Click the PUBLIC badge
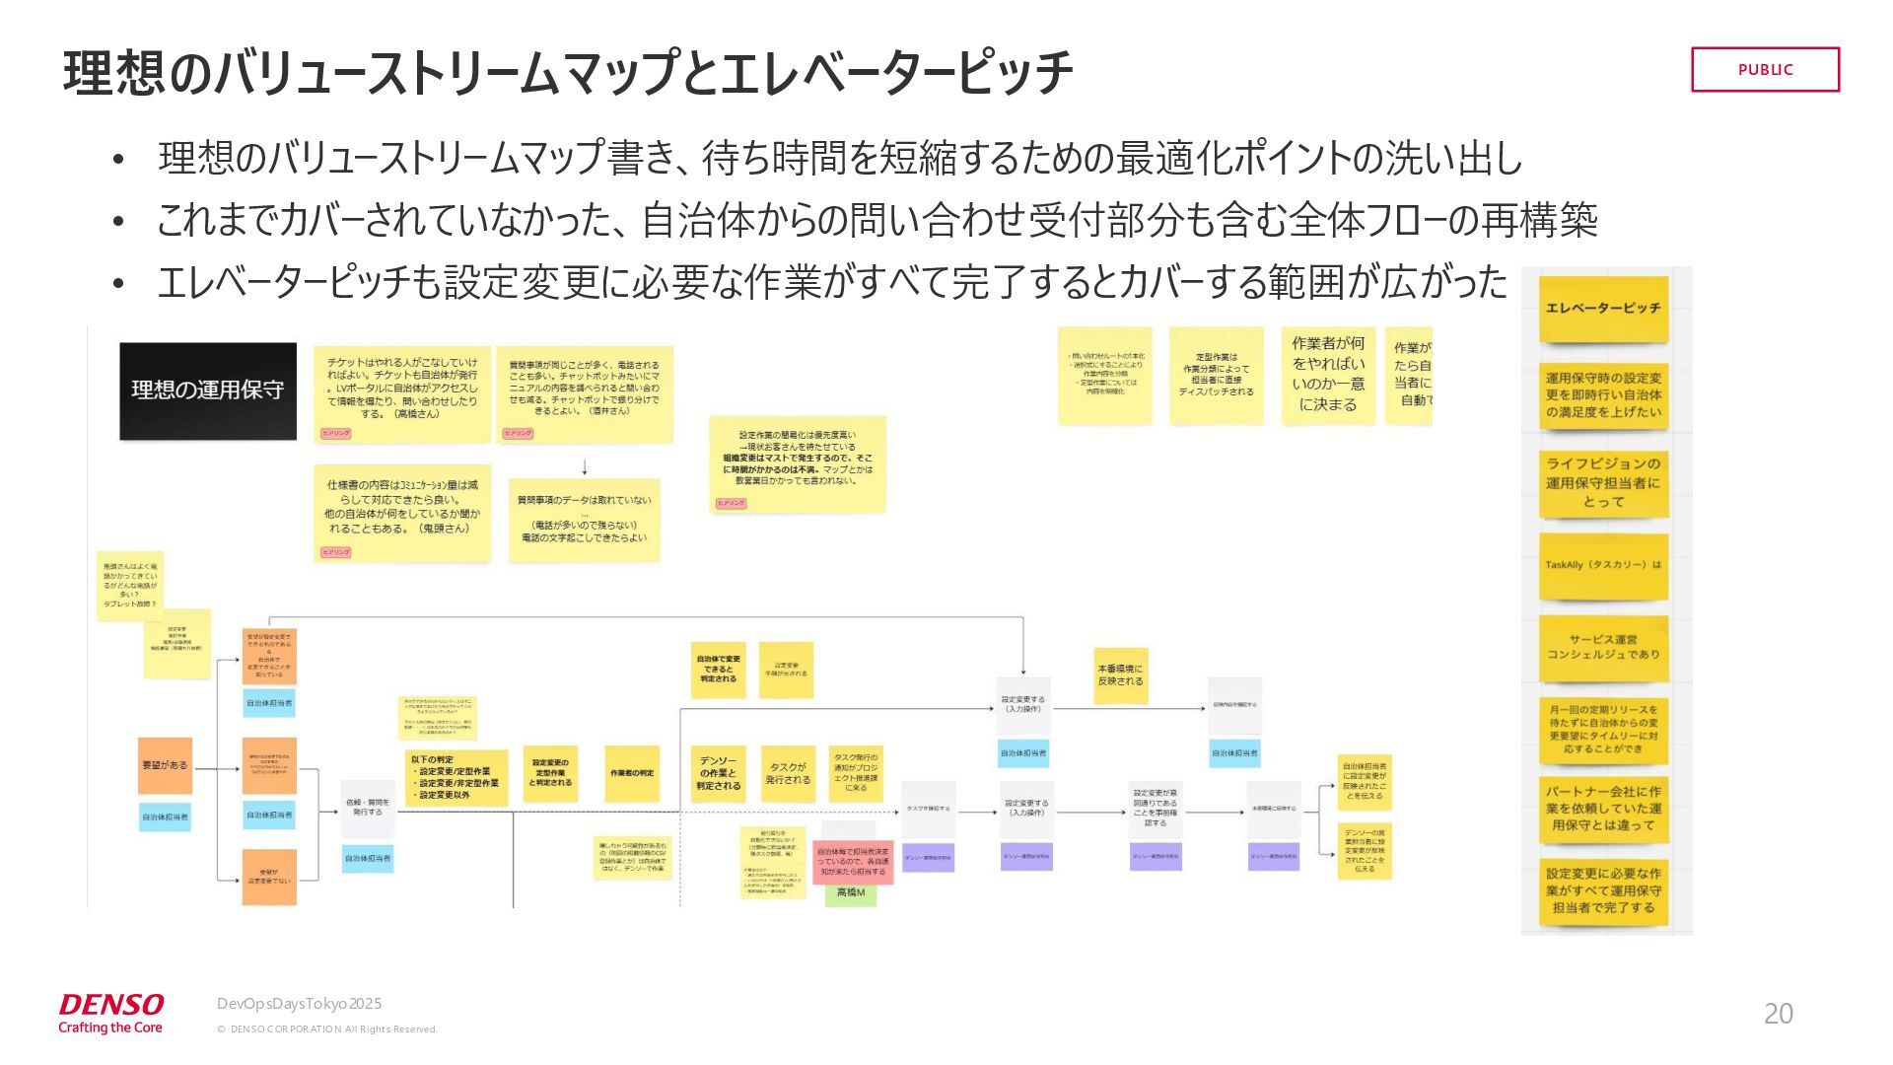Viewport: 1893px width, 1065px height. (x=1765, y=69)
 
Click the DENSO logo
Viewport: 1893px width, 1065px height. (x=110, y=1013)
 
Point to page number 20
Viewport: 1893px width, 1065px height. (x=1778, y=1013)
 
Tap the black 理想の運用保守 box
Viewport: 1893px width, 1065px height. (x=208, y=390)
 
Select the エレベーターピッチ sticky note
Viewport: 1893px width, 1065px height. (x=1603, y=309)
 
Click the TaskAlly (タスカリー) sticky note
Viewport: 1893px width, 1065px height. (x=1603, y=566)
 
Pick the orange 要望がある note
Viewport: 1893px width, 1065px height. (x=165, y=765)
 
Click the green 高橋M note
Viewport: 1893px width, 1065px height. (x=850, y=892)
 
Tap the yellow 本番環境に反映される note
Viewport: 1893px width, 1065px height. (x=1120, y=675)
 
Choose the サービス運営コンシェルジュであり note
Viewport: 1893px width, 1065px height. (x=1603, y=647)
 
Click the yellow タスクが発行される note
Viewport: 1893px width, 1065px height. (x=788, y=774)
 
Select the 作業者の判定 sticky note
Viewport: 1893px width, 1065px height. (x=632, y=773)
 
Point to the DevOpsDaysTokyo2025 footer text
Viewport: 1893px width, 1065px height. (x=299, y=1004)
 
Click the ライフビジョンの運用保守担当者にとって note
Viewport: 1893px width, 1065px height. (x=1603, y=483)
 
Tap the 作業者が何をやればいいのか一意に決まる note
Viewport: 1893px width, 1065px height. (x=1328, y=375)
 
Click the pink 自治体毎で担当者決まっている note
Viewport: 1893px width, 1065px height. (x=852, y=862)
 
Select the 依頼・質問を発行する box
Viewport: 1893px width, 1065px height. (x=368, y=808)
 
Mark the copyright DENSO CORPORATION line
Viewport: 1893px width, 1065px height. (x=326, y=1029)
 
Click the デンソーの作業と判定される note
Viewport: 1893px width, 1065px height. (x=719, y=774)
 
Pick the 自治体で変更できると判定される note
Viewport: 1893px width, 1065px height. (x=719, y=670)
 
